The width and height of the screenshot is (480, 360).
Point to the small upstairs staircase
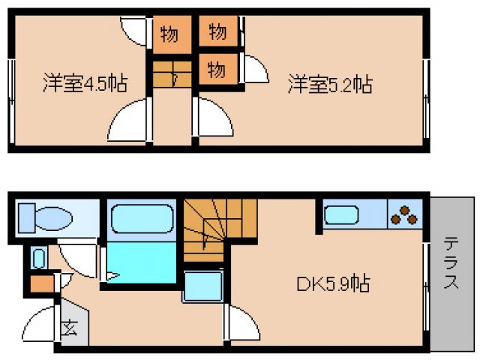170,75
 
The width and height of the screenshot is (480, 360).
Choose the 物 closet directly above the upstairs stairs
169,34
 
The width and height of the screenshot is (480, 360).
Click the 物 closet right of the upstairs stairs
217,70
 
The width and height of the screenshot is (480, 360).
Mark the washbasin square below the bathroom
202,286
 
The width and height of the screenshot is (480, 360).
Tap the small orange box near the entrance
40,285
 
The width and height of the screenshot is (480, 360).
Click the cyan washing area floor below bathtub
141,262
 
